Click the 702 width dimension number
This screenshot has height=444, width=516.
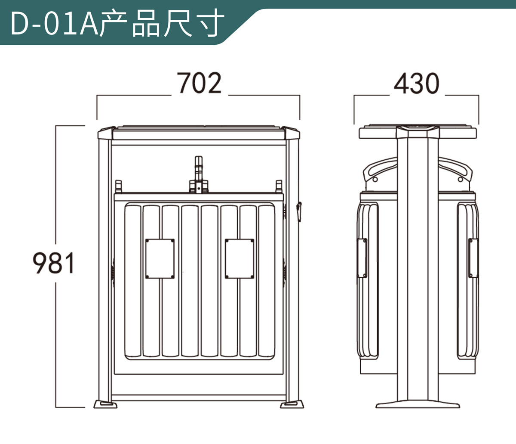[200, 83]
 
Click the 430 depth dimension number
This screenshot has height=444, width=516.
[416, 84]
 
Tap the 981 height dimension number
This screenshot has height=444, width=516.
[54, 263]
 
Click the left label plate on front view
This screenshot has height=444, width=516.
[160, 258]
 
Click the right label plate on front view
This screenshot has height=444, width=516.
[240, 258]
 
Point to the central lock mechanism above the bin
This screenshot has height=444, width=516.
[199, 177]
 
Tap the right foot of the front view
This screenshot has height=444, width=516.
[293, 404]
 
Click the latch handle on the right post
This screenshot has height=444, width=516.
[299, 211]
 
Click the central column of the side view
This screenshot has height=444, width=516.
[418, 267]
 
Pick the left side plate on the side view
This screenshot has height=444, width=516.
[362, 258]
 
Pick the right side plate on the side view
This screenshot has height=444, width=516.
[473, 258]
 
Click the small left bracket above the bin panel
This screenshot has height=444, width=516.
[119, 187]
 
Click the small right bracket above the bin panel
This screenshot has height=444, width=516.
[279, 187]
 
